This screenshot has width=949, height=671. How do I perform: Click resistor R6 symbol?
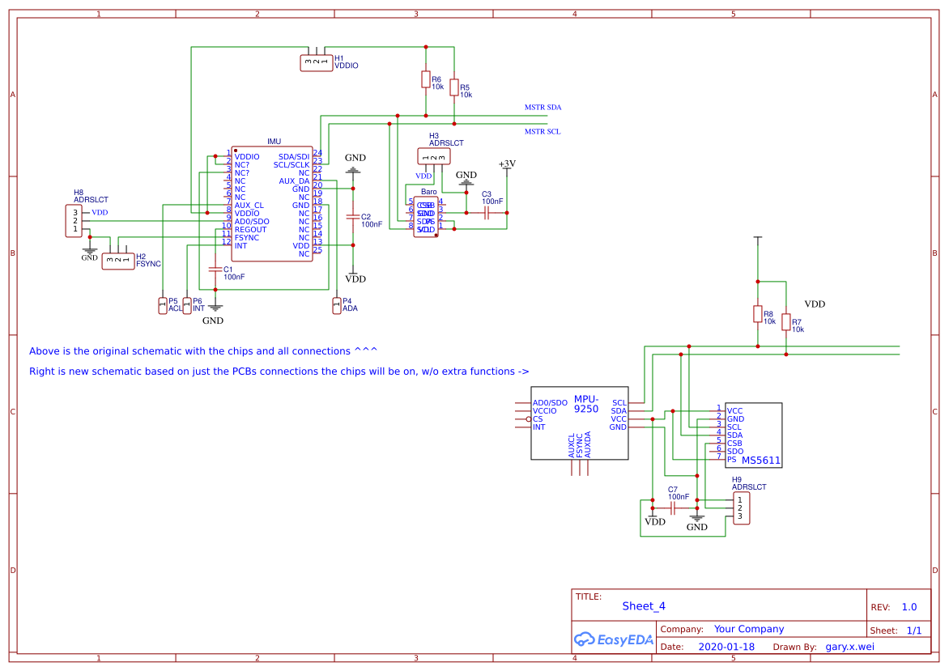pos(425,79)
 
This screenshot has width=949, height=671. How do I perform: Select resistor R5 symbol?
pos(454,87)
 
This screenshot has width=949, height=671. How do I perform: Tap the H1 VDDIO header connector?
pos(317,62)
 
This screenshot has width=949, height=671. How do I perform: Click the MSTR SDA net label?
pos(543,107)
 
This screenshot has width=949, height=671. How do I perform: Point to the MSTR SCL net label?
pos(543,131)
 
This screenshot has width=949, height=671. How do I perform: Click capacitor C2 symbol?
pos(352,217)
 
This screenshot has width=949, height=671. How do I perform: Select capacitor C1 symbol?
pos(215,269)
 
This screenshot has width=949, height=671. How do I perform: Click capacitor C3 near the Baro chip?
pos(487,213)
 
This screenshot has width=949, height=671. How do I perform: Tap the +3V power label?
pos(507,164)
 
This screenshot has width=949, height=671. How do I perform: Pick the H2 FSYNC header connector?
pos(118,261)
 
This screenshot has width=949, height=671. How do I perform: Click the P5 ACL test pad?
pos(163,305)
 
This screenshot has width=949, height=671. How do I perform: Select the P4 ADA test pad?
pos(337,305)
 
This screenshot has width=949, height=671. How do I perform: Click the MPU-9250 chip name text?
pos(586,404)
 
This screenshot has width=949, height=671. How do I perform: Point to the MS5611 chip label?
pos(761,461)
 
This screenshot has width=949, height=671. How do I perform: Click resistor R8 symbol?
pos(757,314)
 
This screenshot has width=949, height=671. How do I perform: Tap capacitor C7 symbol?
pos(674,508)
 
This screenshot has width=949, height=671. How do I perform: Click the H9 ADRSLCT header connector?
pos(741,508)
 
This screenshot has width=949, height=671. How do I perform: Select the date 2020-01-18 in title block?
pos(726,647)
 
